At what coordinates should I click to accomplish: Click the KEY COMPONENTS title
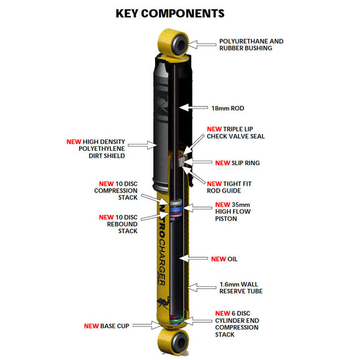(170, 13)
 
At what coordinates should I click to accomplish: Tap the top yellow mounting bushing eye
(174, 42)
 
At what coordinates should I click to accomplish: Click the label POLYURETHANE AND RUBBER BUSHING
(252, 45)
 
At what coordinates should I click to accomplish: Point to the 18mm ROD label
(228, 108)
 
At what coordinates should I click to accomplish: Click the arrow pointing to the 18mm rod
(194, 108)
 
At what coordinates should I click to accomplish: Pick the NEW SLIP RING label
(237, 163)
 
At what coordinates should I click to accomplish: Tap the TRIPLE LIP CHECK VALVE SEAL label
(236, 133)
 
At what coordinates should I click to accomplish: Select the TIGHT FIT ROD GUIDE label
(229, 187)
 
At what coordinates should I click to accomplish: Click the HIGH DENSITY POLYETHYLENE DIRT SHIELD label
(96, 148)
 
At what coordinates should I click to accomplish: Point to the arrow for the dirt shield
(143, 145)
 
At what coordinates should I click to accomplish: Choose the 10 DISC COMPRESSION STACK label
(116, 191)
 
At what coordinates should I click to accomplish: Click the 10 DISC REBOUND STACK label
(118, 224)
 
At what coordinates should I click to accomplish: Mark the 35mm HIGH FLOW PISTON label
(233, 212)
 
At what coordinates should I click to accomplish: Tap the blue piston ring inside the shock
(176, 209)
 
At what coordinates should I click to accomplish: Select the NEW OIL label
(224, 259)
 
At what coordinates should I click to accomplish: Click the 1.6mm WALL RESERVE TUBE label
(241, 288)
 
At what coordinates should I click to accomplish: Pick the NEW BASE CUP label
(107, 326)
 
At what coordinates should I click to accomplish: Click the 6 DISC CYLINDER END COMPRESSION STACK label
(237, 324)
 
